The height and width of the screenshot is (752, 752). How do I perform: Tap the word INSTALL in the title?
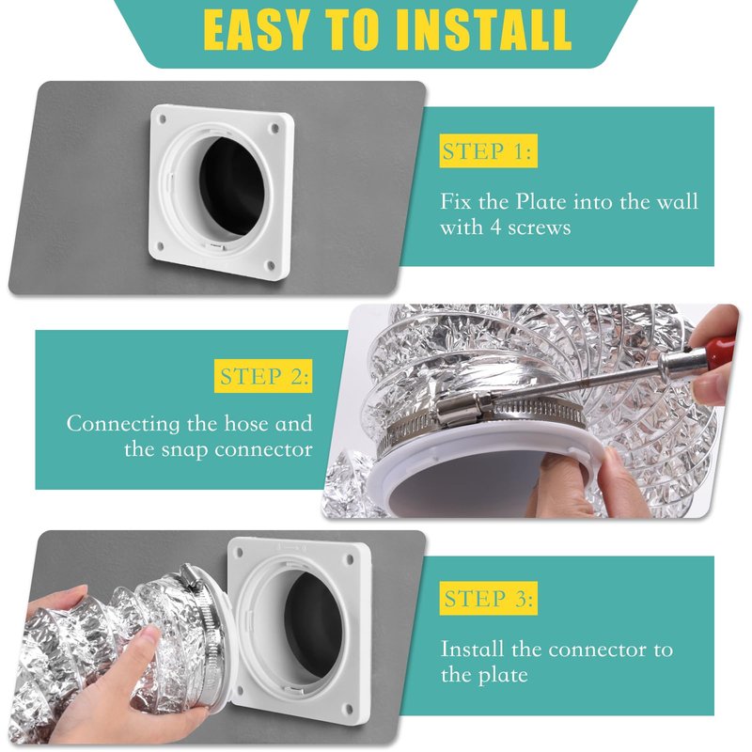[483, 30]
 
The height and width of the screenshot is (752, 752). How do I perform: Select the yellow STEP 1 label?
[488, 151]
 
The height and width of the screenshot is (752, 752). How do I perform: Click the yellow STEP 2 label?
[263, 376]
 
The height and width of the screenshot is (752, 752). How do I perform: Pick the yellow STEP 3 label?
[488, 599]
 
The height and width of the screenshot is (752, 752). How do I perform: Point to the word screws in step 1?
[539, 227]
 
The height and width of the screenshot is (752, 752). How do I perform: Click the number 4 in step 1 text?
[495, 227]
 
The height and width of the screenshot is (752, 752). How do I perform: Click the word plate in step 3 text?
[503, 675]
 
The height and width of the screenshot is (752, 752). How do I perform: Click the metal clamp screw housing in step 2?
[462, 408]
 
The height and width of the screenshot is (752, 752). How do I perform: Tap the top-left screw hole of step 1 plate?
[162, 117]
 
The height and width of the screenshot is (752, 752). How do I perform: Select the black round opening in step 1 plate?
[232, 188]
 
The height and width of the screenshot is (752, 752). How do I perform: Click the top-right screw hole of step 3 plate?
[350, 559]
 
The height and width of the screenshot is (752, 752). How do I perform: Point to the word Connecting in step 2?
[124, 425]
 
